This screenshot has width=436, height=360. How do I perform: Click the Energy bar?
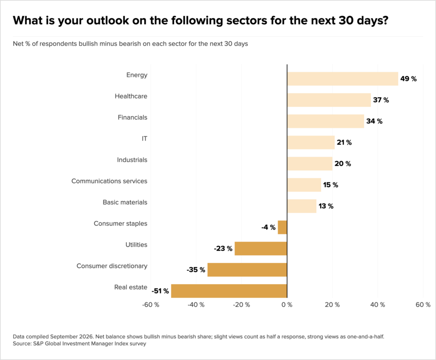pyautogui.click(x=343, y=79)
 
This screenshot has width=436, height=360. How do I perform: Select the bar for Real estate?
pyautogui.click(x=229, y=291)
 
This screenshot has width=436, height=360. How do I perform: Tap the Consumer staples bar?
pyautogui.click(x=283, y=227)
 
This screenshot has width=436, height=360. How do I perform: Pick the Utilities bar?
pyautogui.click(x=261, y=249)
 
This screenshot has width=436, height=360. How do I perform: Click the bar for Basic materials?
pyautogui.click(x=302, y=206)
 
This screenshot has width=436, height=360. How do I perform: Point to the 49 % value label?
pyautogui.click(x=408, y=79)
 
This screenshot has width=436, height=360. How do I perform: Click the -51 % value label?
pyautogui.click(x=160, y=291)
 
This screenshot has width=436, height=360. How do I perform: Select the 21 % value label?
pyautogui.click(x=344, y=143)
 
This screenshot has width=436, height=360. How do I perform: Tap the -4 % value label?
pyautogui.click(x=268, y=227)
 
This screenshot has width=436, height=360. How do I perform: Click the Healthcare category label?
pyautogui.click(x=131, y=96)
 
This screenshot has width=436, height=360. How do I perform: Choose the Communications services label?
pyautogui.click(x=109, y=181)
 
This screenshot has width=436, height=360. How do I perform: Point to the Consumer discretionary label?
pyautogui.click(x=112, y=266)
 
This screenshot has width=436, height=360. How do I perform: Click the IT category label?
pyautogui.click(x=144, y=139)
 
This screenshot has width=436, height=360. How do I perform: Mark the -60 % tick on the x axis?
pyautogui.click(x=151, y=305)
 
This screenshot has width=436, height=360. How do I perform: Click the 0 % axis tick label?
pyautogui.click(x=287, y=305)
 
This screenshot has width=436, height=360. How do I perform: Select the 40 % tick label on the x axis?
pyautogui.click(x=378, y=305)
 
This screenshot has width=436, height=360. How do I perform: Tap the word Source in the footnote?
pyautogui.click(x=22, y=343)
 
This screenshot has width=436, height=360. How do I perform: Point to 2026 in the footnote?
pyautogui.click(x=86, y=337)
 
